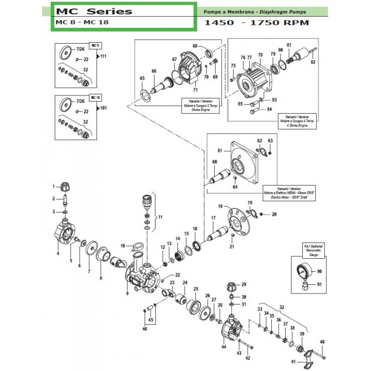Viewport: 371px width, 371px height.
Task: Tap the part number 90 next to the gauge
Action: [x=319, y=272]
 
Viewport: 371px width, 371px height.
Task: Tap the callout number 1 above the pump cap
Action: [x=53, y=186]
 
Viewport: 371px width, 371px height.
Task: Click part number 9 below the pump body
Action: [x=127, y=293]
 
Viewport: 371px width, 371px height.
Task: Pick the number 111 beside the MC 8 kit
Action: [x=103, y=56]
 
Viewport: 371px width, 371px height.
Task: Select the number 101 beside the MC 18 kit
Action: [x=103, y=108]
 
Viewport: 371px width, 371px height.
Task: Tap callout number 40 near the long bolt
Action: [x=322, y=342]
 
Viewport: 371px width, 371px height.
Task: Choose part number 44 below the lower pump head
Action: [x=224, y=347]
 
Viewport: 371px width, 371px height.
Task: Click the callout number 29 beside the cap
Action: [x=243, y=284]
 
